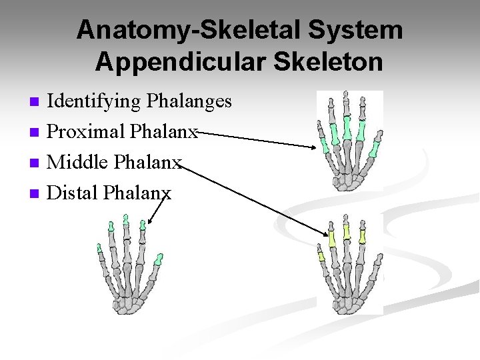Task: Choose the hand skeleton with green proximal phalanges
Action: pyautogui.click(x=349, y=141)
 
